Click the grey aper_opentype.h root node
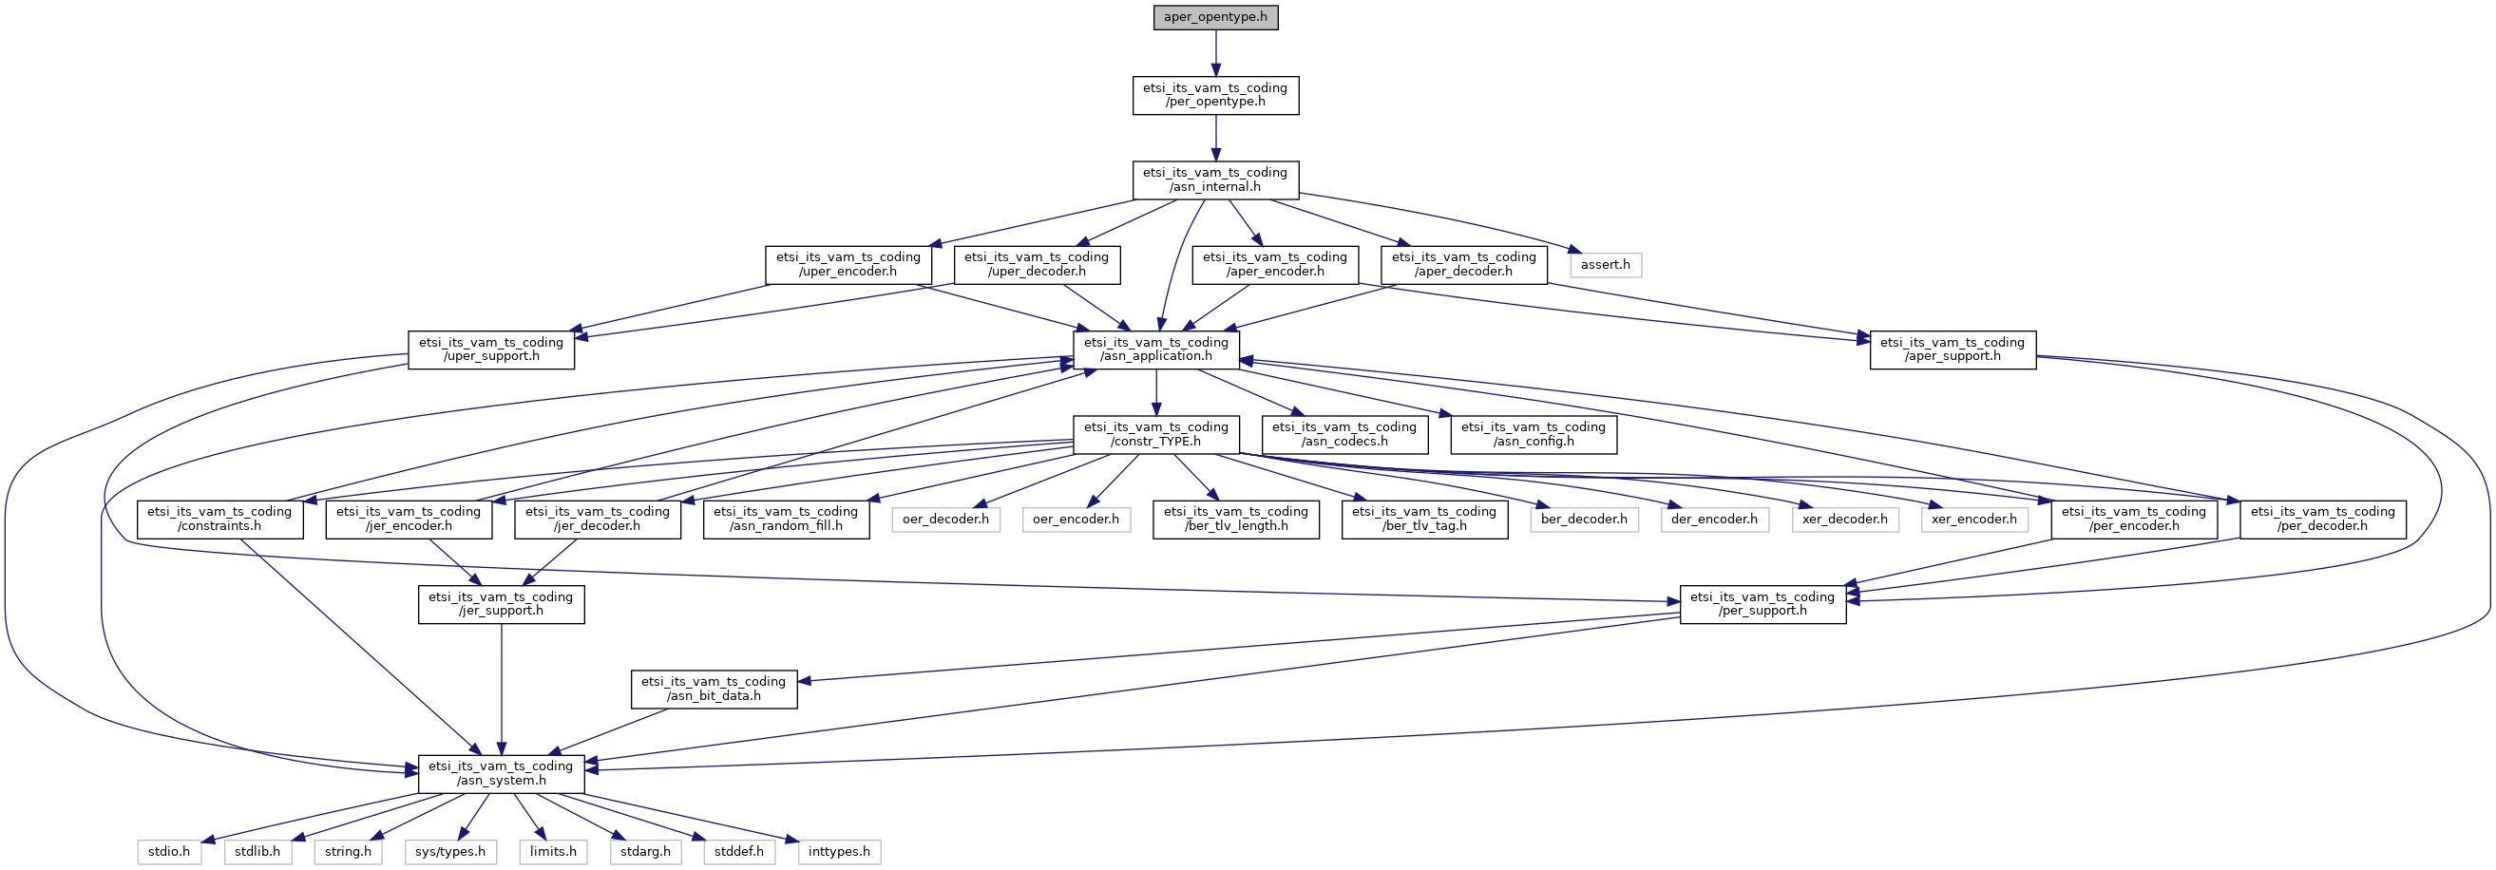pos(1215,17)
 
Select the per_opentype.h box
pos(1215,95)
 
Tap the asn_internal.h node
pos(1215,180)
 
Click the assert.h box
pos(1605,264)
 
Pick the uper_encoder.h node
pos(848,264)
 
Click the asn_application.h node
pos(1156,350)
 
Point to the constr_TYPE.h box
pos(1156,434)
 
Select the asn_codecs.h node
pos(1343,434)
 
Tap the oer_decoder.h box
pos(945,520)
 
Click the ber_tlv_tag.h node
pos(1424,520)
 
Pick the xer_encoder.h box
pos(1973,520)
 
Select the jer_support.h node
pos(501,605)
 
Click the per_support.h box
pos(1762,605)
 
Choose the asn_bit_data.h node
pos(714,689)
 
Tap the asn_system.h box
pos(501,774)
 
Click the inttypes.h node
pos(839,852)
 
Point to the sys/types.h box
pos(450,852)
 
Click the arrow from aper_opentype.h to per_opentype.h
pos(1215,53)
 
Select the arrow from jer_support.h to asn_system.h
pos(501,688)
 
